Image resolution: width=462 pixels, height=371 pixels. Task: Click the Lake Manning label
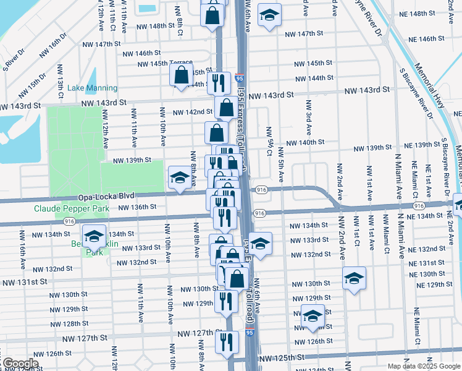[x=92, y=88]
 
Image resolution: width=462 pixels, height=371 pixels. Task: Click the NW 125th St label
[x=282, y=359]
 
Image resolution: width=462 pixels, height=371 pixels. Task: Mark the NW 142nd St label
[x=192, y=112]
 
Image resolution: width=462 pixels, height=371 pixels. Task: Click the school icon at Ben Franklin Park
[x=94, y=236]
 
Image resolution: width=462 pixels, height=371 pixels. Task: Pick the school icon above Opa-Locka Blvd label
[x=180, y=178]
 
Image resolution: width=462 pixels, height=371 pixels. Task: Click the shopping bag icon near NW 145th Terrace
[x=181, y=76]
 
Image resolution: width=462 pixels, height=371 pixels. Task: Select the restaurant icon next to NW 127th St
[x=227, y=341]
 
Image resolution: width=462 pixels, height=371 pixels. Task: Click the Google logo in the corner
[x=20, y=364]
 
